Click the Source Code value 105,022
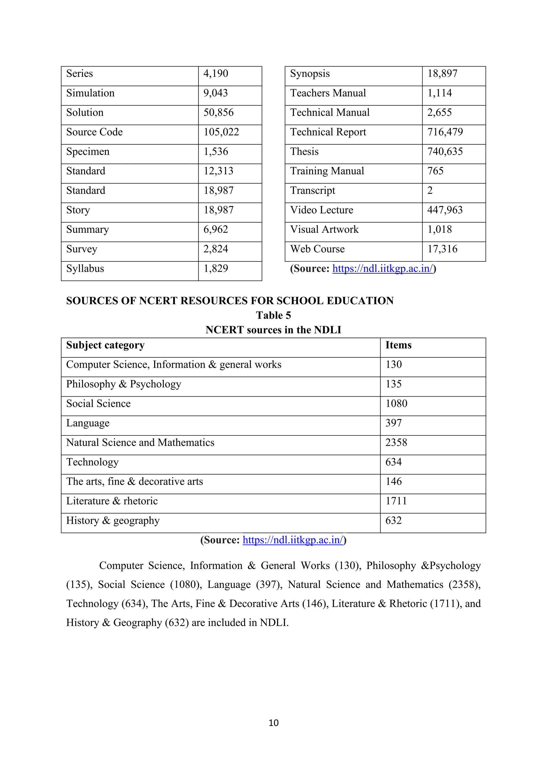point(221,132)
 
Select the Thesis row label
point(304,152)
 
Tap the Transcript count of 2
point(430,191)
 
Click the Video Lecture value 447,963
point(445,210)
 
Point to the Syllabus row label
point(85,269)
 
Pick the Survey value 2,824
point(216,249)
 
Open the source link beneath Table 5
point(293,540)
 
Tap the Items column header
point(398,345)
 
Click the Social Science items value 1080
point(396,404)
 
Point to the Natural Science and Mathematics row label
point(140,443)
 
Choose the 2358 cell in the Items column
point(396,443)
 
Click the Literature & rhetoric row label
point(112,501)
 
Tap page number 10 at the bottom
point(273,723)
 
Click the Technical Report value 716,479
point(445,132)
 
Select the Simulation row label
point(90,93)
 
